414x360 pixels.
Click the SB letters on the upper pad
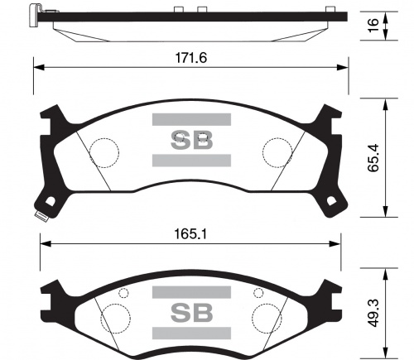tap(191, 139)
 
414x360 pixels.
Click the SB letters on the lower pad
tap(191, 314)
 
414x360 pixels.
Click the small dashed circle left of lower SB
tap(124, 292)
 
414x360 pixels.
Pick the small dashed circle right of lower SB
tap(258, 292)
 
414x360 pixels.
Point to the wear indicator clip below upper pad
tap(38, 218)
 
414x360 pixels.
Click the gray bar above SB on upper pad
tap(191, 119)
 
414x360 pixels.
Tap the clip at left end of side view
tap(33, 13)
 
